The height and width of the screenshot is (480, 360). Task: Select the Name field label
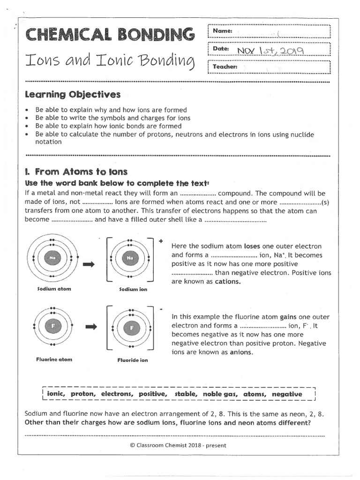[x=222, y=31]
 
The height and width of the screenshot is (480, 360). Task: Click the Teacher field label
[x=225, y=67]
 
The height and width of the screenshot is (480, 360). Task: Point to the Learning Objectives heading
[x=72, y=95]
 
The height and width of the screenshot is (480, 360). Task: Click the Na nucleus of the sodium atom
[x=52, y=257]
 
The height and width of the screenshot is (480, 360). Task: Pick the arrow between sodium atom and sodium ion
[x=89, y=265]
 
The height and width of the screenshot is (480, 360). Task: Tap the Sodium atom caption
[x=54, y=289]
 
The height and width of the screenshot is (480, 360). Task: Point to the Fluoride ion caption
[x=133, y=360]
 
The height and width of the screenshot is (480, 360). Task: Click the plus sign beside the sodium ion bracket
[x=161, y=241]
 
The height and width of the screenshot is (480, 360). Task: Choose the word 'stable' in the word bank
[x=186, y=394]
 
